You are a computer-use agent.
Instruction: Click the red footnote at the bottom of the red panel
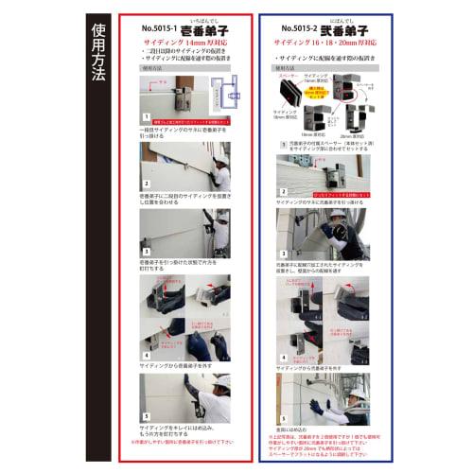click(x=186, y=442)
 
